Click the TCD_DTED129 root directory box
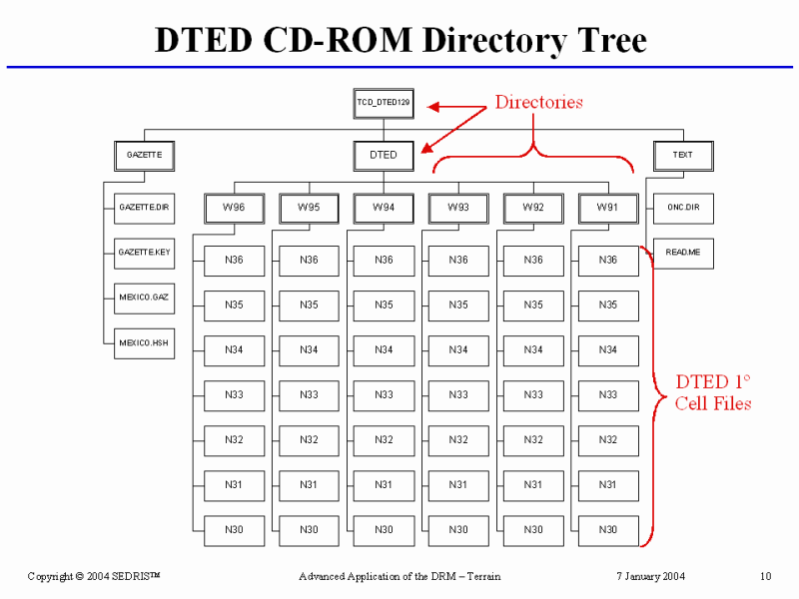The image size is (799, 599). [384, 103]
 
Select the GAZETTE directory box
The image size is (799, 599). [144, 155]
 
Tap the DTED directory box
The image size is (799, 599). [384, 155]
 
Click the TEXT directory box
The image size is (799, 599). [683, 155]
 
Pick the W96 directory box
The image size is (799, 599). [234, 208]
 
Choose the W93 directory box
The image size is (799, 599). [458, 208]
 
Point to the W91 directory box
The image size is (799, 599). [608, 208]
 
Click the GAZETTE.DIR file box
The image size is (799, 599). [145, 208]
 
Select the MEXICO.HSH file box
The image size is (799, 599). [145, 342]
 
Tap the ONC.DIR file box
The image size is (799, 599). [683, 208]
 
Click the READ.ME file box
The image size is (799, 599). [683, 253]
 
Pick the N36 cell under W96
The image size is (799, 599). [234, 261]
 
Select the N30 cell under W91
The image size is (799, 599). [608, 530]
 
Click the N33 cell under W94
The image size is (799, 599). [384, 395]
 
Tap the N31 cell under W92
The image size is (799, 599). [533, 485]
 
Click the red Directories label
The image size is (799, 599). [539, 102]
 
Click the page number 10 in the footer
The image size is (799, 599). [765, 576]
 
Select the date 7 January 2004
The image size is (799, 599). [650, 576]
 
